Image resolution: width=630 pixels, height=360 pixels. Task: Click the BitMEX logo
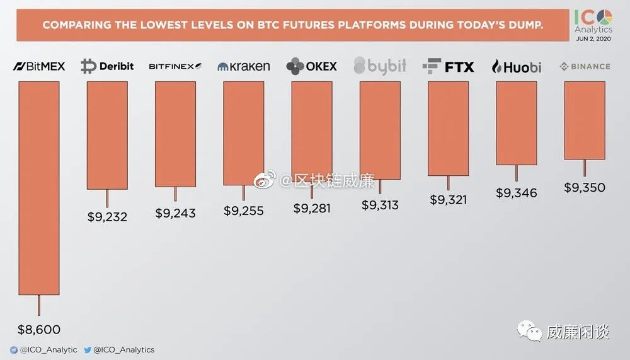tap(39, 66)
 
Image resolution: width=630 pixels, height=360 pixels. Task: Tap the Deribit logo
tap(107, 66)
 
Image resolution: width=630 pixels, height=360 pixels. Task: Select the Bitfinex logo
tap(175, 66)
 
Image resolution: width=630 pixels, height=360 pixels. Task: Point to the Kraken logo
tap(243, 66)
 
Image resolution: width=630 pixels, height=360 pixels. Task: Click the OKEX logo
tap(311, 66)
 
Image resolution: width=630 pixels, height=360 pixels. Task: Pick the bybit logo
tap(380, 66)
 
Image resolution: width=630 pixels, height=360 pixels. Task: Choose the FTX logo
tap(448, 66)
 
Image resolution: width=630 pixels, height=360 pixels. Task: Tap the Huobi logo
tap(516, 66)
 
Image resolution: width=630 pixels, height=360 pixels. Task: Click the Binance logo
tap(585, 66)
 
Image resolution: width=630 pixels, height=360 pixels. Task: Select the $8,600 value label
tap(38, 329)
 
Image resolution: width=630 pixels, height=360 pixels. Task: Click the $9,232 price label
tap(107, 217)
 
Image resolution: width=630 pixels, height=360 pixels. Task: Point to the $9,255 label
tap(243, 211)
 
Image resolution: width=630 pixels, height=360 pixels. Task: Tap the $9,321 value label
tap(448, 199)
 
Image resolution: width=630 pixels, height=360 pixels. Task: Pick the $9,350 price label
tap(585, 187)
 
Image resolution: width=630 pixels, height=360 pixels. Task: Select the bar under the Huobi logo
tap(517, 123)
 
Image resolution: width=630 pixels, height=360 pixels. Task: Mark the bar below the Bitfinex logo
tap(175, 134)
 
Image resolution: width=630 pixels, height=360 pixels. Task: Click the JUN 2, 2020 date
tap(593, 38)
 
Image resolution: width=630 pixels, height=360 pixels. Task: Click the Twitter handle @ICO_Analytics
tap(124, 349)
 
